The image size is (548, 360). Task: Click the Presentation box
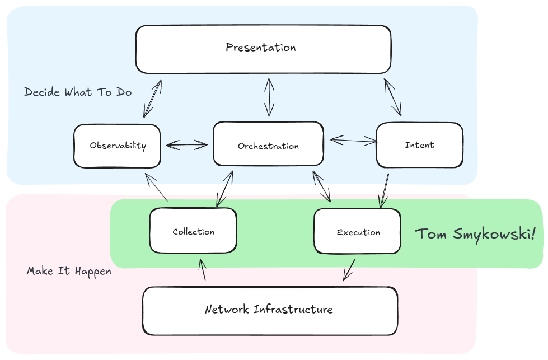(x=263, y=49)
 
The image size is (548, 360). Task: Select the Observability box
(x=117, y=146)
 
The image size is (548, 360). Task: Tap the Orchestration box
(x=268, y=144)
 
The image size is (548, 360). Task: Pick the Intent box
(x=419, y=145)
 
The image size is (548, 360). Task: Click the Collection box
(x=193, y=231)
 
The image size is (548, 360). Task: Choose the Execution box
(x=357, y=231)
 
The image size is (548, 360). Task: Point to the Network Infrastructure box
(x=270, y=310)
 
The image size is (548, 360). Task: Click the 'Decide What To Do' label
(x=78, y=92)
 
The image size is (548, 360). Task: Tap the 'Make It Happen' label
(x=69, y=271)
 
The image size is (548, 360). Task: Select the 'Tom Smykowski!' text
(x=475, y=233)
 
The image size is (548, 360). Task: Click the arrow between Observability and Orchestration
(x=186, y=144)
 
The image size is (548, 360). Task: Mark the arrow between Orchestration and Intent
(x=353, y=140)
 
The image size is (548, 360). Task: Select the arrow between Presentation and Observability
(x=152, y=99)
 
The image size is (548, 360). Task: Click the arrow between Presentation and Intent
(x=393, y=97)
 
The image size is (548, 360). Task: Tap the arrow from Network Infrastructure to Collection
(x=202, y=269)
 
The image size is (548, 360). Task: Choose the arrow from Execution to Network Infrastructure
(x=349, y=269)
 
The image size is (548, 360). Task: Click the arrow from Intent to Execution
(x=385, y=190)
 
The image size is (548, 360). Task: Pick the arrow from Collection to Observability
(x=156, y=187)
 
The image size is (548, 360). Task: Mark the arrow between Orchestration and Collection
(x=224, y=189)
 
